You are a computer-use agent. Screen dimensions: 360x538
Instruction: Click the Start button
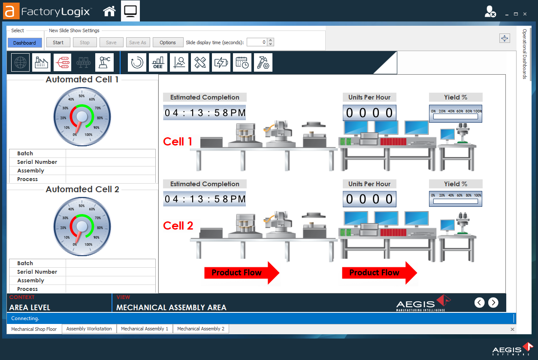coord(58,42)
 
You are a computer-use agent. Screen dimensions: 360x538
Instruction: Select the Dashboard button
coord(24,43)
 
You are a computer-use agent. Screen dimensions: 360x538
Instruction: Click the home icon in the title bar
coord(109,11)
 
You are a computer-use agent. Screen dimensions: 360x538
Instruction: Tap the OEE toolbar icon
coord(158,63)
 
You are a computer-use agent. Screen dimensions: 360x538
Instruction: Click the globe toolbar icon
coord(21,63)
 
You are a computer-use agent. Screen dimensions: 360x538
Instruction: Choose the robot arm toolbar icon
coord(104,63)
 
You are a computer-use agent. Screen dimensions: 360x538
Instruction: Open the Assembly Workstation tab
coord(89,329)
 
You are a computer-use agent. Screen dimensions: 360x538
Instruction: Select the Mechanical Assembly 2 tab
coord(200,329)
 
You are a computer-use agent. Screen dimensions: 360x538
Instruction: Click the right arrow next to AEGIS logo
coord(493,303)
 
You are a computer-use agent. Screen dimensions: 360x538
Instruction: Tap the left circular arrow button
coord(479,303)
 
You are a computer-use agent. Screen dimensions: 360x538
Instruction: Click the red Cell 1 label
coord(178,142)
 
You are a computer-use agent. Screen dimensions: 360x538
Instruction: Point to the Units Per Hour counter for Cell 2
coord(369,199)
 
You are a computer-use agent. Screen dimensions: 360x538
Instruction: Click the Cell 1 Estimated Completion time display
coord(205,113)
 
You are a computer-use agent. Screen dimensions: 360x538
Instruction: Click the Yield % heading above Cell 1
coord(455,97)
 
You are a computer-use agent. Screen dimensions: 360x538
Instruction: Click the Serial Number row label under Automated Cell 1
coord(37,162)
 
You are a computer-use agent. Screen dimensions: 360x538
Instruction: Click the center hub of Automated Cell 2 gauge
coord(82,226)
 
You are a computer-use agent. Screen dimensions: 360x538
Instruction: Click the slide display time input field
coord(257,42)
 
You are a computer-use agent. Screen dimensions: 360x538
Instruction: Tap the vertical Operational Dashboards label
coord(524,54)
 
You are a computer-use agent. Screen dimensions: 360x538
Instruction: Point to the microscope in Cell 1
coord(462,133)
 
